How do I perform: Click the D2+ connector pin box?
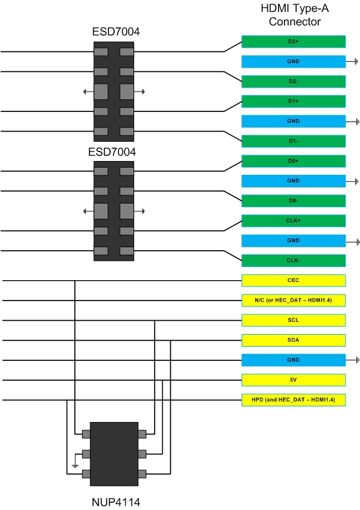[x=294, y=42]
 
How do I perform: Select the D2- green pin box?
[x=294, y=81]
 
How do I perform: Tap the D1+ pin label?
[x=294, y=101]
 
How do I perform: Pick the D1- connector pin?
[x=294, y=141]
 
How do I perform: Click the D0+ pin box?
[x=294, y=161]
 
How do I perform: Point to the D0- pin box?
[x=294, y=201]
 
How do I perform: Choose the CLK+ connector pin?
[x=294, y=220]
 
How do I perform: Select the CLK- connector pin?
[x=294, y=260]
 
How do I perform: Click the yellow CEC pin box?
[x=294, y=280]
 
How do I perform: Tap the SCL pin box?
[x=294, y=320]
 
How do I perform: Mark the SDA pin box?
[x=294, y=340]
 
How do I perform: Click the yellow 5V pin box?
[x=294, y=380]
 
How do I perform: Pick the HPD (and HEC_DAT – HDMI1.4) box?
[x=294, y=400]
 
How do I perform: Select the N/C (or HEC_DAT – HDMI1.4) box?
[x=294, y=300]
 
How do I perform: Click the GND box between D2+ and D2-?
[x=294, y=62]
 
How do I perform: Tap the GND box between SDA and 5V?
[x=294, y=360]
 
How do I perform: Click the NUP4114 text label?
[x=116, y=502]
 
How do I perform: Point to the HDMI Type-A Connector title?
[x=295, y=15]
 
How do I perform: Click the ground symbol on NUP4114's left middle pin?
[x=75, y=466]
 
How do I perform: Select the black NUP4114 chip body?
[x=114, y=454]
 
